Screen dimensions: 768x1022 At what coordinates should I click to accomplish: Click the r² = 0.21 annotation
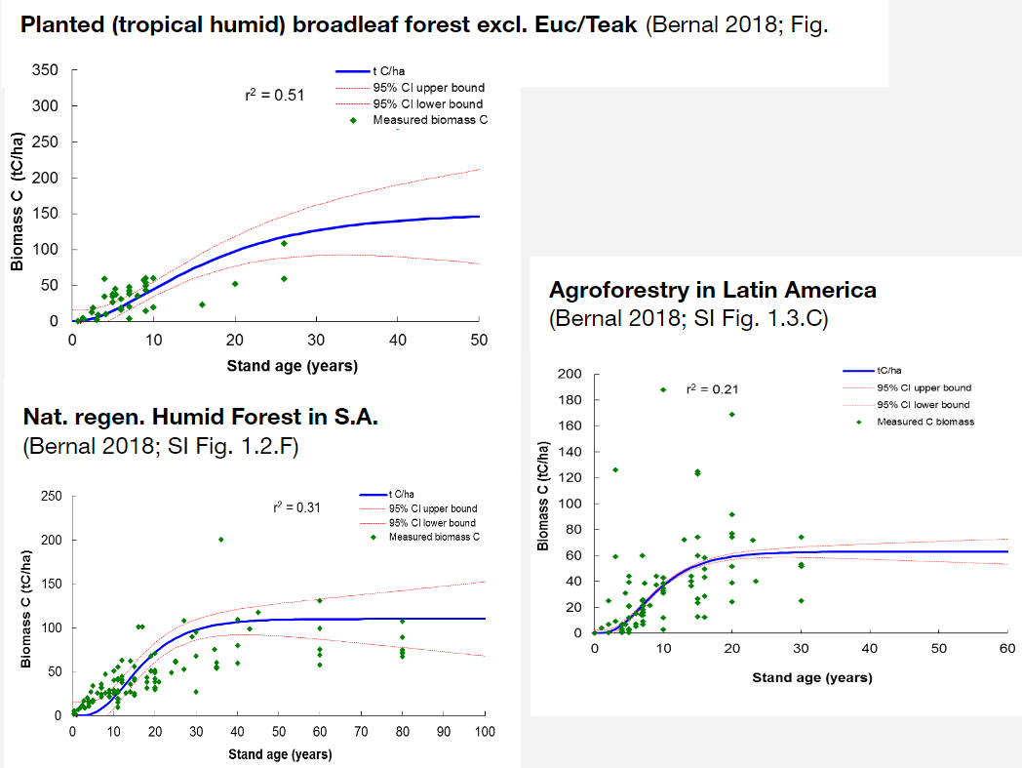706,389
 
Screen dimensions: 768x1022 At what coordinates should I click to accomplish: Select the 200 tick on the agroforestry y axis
570,375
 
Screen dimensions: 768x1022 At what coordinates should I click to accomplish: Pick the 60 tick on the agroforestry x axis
1007,649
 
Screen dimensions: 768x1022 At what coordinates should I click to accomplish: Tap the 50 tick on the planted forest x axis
478,339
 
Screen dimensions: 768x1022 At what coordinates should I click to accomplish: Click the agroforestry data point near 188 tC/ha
663,389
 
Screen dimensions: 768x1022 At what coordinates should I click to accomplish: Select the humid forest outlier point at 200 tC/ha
220,540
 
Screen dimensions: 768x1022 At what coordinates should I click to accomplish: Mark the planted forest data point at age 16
202,304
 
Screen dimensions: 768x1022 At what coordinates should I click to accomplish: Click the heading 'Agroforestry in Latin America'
712,290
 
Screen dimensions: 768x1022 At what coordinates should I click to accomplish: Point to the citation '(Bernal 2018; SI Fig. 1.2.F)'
159,447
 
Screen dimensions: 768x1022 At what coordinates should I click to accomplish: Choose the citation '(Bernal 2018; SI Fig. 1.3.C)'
688,319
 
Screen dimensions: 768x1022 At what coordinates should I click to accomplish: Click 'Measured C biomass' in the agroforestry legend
924,422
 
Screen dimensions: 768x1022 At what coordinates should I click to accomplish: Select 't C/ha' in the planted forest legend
389,71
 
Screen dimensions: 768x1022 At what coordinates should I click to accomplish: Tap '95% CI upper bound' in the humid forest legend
432,508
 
